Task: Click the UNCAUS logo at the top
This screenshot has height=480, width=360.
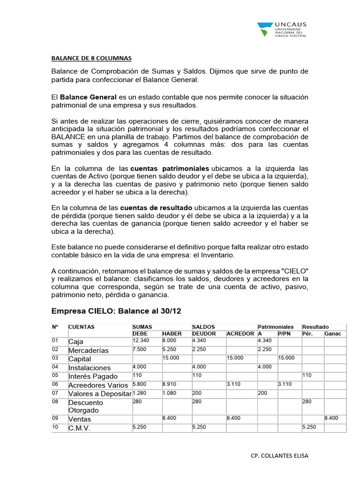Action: (281, 29)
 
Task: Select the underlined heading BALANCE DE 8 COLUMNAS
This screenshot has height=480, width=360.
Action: (91, 59)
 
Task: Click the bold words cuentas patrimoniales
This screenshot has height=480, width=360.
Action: (170, 168)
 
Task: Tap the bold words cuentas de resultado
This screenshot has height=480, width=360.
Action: (156, 207)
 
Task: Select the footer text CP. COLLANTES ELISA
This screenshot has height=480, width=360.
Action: (280, 455)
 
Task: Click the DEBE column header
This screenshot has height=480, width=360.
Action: (141, 333)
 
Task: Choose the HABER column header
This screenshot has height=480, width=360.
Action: (172, 333)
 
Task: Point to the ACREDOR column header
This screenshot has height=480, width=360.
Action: (240, 333)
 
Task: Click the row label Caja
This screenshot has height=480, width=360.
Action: (76, 342)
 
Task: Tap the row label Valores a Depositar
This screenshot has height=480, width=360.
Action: (100, 394)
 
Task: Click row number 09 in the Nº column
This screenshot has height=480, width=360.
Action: (55, 418)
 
